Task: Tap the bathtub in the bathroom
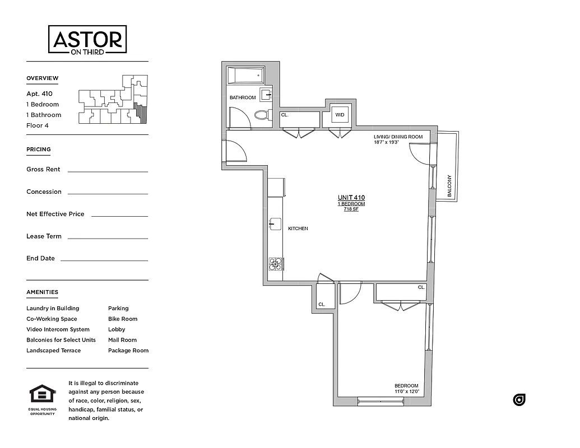(245, 75)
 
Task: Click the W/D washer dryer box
(340, 115)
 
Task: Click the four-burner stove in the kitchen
(275, 264)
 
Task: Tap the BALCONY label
(449, 186)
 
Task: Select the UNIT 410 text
(351, 198)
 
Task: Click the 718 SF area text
(351, 209)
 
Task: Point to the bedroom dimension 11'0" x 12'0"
(406, 391)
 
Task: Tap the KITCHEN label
(298, 228)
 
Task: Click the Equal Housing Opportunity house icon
(42, 394)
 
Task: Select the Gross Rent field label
(43, 169)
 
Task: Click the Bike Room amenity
(123, 319)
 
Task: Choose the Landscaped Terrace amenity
(53, 351)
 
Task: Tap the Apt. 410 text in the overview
(39, 94)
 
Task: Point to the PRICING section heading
(39, 150)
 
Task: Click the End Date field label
(40, 258)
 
